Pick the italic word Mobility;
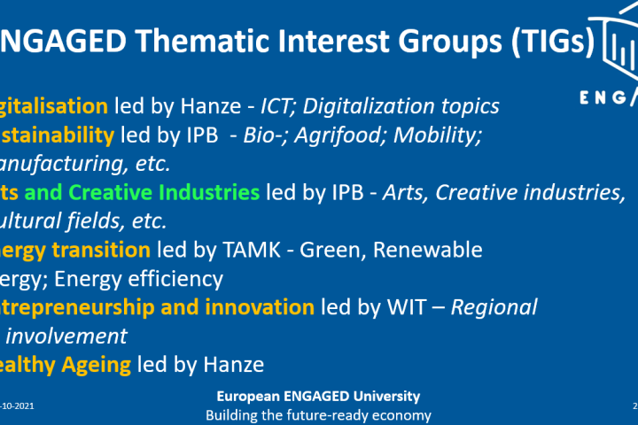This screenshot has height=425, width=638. pyautogui.click(x=436, y=135)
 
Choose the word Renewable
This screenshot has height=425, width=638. pyautogui.click(x=428, y=250)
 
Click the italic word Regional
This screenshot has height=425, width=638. pyautogui.click(x=494, y=307)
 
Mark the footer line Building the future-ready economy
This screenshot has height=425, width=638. pyautogui.click(x=318, y=414)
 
